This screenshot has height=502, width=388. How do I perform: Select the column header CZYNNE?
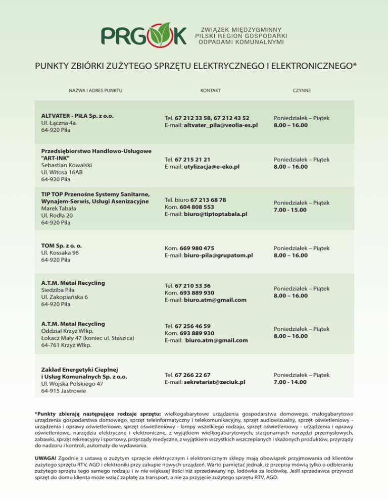tap(302, 91)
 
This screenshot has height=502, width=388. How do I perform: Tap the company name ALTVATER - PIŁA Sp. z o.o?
tap(77, 116)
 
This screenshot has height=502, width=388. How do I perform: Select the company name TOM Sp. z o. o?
tap(62, 246)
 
